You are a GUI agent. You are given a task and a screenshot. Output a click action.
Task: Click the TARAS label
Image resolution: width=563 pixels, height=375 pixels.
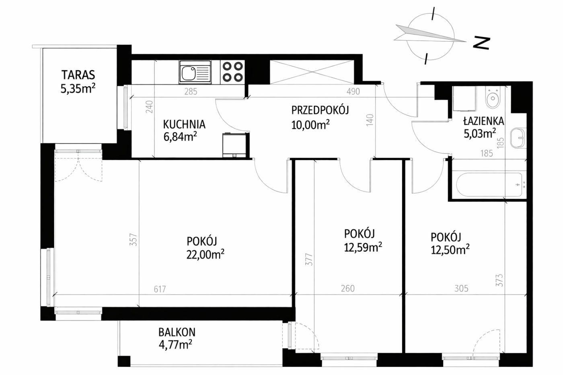click(x=78, y=75)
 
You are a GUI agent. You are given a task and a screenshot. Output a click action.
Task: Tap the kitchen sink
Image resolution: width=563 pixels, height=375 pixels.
click(x=195, y=72)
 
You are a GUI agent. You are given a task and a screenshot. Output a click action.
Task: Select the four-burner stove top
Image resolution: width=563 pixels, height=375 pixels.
click(x=232, y=72)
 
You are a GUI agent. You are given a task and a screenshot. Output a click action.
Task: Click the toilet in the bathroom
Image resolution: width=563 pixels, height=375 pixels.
click(x=493, y=98)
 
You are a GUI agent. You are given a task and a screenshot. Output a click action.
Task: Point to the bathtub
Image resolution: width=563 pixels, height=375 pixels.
click(x=489, y=184)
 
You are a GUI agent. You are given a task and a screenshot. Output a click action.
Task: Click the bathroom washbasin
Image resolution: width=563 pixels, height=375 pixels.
click(x=518, y=138)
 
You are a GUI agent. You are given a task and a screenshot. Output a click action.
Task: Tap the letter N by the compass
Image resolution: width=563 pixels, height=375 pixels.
click(x=481, y=43)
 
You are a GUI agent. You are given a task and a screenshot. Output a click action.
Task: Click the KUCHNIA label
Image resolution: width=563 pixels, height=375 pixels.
click(x=184, y=124)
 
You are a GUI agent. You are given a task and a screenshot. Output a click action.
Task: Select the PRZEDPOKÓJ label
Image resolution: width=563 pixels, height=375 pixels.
click(x=320, y=110)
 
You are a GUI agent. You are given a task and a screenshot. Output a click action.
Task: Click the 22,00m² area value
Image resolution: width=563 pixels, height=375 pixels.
click(x=205, y=254)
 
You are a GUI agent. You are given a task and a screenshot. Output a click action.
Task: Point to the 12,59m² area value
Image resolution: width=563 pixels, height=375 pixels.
click(x=363, y=248)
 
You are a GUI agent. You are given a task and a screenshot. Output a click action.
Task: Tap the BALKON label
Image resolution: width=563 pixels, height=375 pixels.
click(x=177, y=332)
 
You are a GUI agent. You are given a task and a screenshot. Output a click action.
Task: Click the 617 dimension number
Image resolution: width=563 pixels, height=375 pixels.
click(x=160, y=289)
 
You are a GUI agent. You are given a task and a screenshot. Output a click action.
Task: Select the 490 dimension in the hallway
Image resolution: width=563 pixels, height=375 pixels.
click(x=353, y=91)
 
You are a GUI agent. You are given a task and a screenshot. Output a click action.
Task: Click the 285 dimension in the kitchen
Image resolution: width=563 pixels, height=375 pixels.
click(x=191, y=91)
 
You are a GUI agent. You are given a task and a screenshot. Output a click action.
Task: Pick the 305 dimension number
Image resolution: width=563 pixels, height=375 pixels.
click(x=462, y=288)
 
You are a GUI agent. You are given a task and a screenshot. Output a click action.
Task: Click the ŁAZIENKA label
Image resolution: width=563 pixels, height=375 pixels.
click(x=484, y=121)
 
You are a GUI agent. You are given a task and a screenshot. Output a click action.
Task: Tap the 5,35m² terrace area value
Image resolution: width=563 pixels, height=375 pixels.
click(x=78, y=88)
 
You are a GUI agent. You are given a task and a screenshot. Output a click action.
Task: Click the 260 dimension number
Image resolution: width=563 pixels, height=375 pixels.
click(x=348, y=288)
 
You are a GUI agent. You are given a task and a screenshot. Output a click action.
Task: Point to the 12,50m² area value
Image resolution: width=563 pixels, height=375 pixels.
click(x=450, y=250)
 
